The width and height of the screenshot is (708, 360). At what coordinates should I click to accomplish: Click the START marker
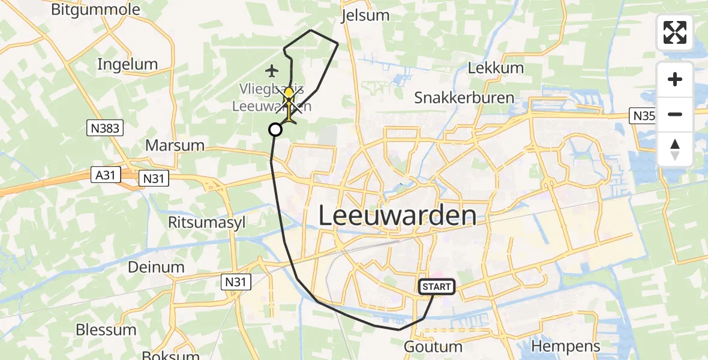pyautogui.click(x=437, y=287)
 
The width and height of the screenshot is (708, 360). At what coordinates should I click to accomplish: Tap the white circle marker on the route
pyautogui.click(x=275, y=130)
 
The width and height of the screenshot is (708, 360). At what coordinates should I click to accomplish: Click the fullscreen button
pyautogui.click(x=675, y=32)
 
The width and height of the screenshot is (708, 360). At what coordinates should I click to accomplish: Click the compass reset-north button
pyautogui.click(x=675, y=149)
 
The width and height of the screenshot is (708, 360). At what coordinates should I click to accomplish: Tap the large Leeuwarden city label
pyautogui.click(x=397, y=215)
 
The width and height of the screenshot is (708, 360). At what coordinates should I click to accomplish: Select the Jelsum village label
pyautogui.click(x=365, y=15)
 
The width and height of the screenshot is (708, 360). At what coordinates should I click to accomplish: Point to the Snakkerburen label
pyautogui.click(x=464, y=98)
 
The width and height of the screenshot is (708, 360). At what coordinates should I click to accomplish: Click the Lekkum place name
pyautogui.click(x=496, y=67)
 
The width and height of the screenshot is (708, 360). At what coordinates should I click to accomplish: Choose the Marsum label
pyautogui.click(x=175, y=145)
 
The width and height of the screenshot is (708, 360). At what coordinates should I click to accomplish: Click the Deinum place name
pyautogui.click(x=156, y=267)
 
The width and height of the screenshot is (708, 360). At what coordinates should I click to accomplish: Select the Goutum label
pyautogui.click(x=433, y=347)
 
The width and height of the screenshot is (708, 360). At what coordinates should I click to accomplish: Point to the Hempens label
pyautogui.click(x=565, y=346)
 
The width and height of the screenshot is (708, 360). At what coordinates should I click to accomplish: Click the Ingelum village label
pyautogui.click(x=127, y=64)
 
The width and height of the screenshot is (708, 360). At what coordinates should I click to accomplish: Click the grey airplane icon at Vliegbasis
pyautogui.click(x=272, y=71)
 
